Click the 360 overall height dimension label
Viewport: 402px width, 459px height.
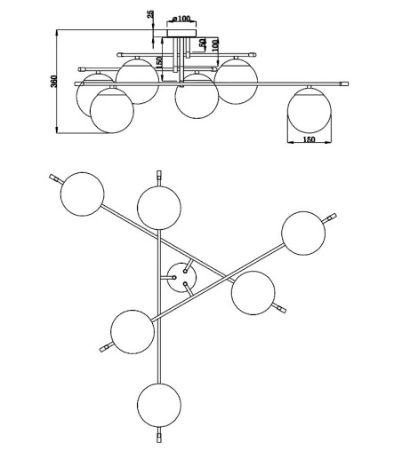(x=53, y=81)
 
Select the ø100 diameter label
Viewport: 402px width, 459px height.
(x=181, y=19)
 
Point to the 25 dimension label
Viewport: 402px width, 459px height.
(x=150, y=14)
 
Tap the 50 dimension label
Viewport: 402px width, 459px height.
(x=203, y=43)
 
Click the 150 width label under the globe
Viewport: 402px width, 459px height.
(x=310, y=139)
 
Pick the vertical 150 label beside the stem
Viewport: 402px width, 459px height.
(x=159, y=63)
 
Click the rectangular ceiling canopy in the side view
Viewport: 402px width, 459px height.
(x=181, y=33)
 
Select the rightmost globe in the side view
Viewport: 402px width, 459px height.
(x=310, y=110)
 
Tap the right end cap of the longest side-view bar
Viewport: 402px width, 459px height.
(x=344, y=84)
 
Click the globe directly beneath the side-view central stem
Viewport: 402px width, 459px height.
(x=197, y=97)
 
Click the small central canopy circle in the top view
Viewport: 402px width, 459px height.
(x=181, y=278)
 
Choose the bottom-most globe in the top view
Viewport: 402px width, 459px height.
(x=159, y=406)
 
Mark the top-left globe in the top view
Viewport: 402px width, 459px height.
(x=83, y=194)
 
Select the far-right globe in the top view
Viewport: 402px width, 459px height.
(x=303, y=233)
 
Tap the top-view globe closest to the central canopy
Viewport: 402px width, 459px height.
(x=253, y=293)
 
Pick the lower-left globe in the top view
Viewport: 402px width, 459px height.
(x=133, y=332)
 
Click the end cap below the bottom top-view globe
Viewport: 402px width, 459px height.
(x=159, y=438)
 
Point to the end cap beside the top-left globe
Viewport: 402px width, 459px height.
(x=53, y=178)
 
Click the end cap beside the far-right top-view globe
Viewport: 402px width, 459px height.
(x=332, y=217)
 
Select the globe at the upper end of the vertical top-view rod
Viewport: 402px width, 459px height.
(x=159, y=208)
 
